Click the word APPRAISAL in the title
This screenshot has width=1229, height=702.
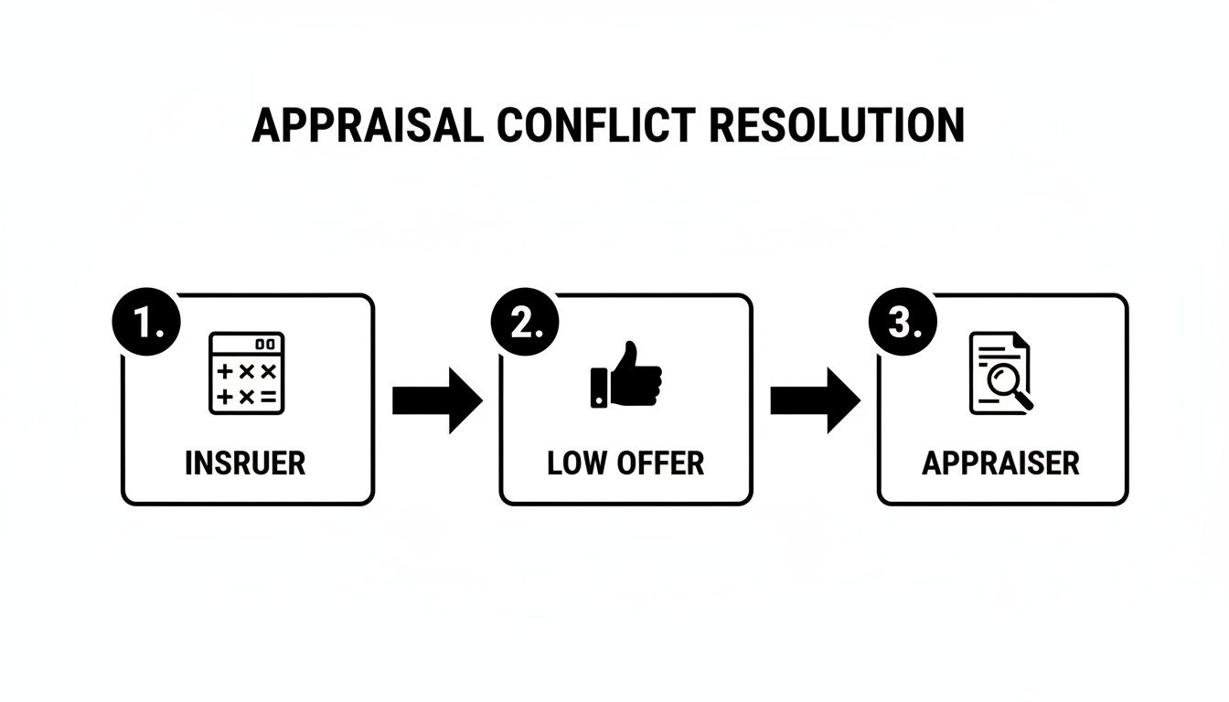click(367, 125)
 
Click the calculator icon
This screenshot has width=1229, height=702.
click(246, 373)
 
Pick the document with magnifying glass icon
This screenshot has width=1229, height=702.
click(1000, 373)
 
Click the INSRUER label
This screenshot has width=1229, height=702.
click(245, 463)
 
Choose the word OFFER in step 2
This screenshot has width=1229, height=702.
click(659, 463)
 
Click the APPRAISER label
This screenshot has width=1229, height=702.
click(1000, 463)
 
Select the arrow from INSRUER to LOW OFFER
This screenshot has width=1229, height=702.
click(436, 400)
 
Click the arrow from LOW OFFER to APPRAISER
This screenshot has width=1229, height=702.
click(815, 400)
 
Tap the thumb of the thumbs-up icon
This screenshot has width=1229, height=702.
click(628, 356)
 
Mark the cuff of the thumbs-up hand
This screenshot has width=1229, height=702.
click(599, 387)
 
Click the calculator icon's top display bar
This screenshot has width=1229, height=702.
click(246, 344)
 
